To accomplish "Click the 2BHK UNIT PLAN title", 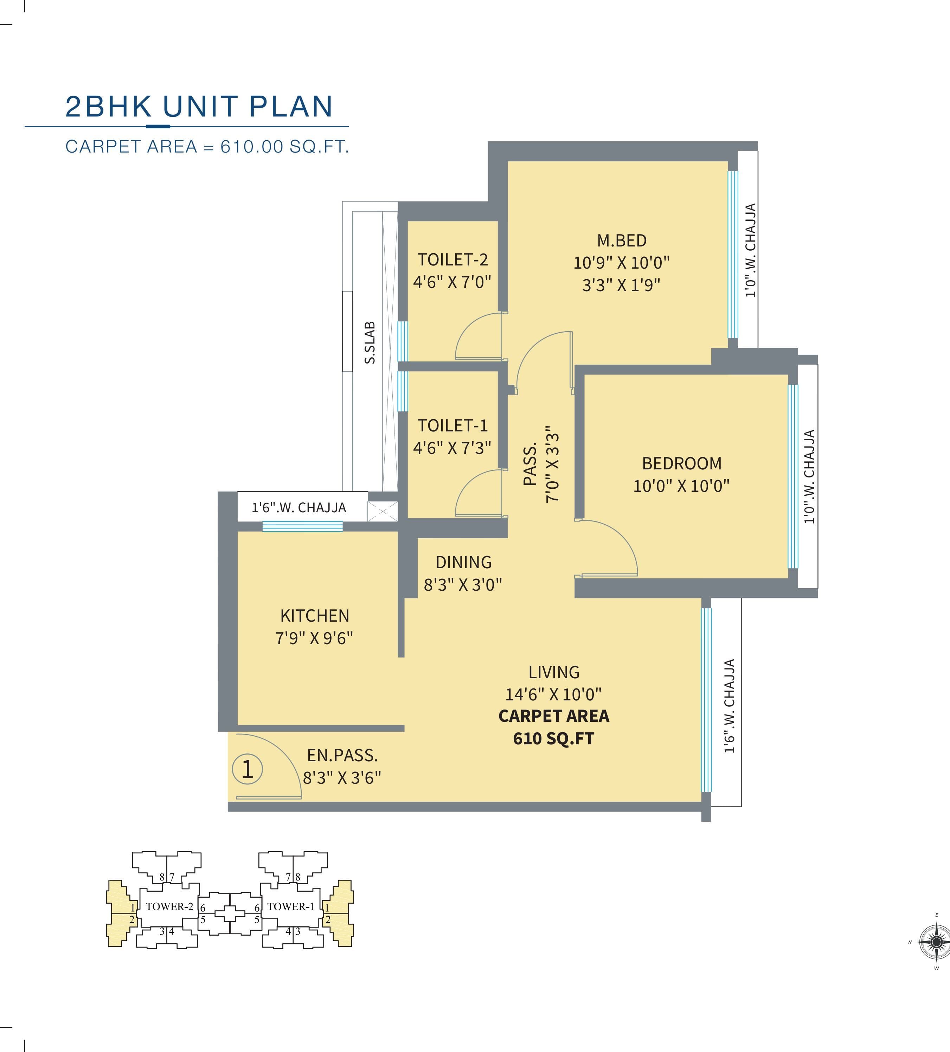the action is pos(199,107).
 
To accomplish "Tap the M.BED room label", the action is pos(622,240).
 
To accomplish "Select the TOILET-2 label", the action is pos(452,260).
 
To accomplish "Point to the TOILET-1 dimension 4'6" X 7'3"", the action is pos(452,448).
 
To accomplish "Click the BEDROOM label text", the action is pos(682,463).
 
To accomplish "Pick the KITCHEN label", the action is pos(315,616).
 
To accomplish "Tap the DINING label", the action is pos(464,562).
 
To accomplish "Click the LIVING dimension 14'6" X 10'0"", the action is pos(553,694).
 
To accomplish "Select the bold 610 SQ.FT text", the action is pos(553,738).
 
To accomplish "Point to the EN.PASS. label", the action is pos(342,756).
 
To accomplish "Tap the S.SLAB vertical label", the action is pos(370,343).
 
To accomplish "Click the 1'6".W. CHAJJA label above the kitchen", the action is pos(299,508).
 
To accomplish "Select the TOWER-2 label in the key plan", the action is pos(169,906).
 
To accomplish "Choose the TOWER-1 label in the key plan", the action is pos(290,906).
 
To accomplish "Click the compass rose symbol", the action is pos(936,942).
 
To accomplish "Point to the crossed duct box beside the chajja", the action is pos(383,511).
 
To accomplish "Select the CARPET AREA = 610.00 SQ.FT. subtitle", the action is pos(207,147).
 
